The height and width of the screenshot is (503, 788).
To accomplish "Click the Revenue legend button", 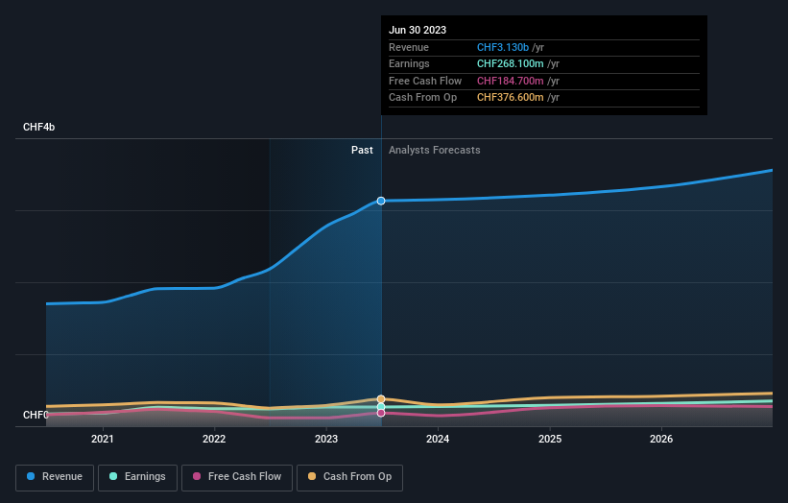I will tap(54, 477).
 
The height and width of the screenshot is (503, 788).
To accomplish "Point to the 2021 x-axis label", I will tap(102, 439).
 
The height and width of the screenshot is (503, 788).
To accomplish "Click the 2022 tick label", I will tap(214, 439).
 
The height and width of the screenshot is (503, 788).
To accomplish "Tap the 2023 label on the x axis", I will tap(326, 439).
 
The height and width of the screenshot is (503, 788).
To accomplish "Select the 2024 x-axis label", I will tap(438, 439).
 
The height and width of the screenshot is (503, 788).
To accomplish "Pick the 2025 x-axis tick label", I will tap(550, 439).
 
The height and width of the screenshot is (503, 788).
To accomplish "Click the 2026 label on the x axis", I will tap(661, 439).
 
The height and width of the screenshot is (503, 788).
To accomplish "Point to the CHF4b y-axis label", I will tap(39, 128).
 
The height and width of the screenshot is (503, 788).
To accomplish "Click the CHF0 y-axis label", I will tap(36, 415).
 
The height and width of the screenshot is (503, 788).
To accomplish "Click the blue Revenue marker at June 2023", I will tap(381, 201).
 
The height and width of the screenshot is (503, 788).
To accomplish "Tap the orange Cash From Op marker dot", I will tap(381, 398).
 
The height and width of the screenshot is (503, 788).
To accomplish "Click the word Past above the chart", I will tap(362, 150).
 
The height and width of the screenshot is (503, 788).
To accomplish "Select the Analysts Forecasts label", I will tap(434, 150).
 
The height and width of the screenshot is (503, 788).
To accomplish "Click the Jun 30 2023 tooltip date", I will tap(418, 31).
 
